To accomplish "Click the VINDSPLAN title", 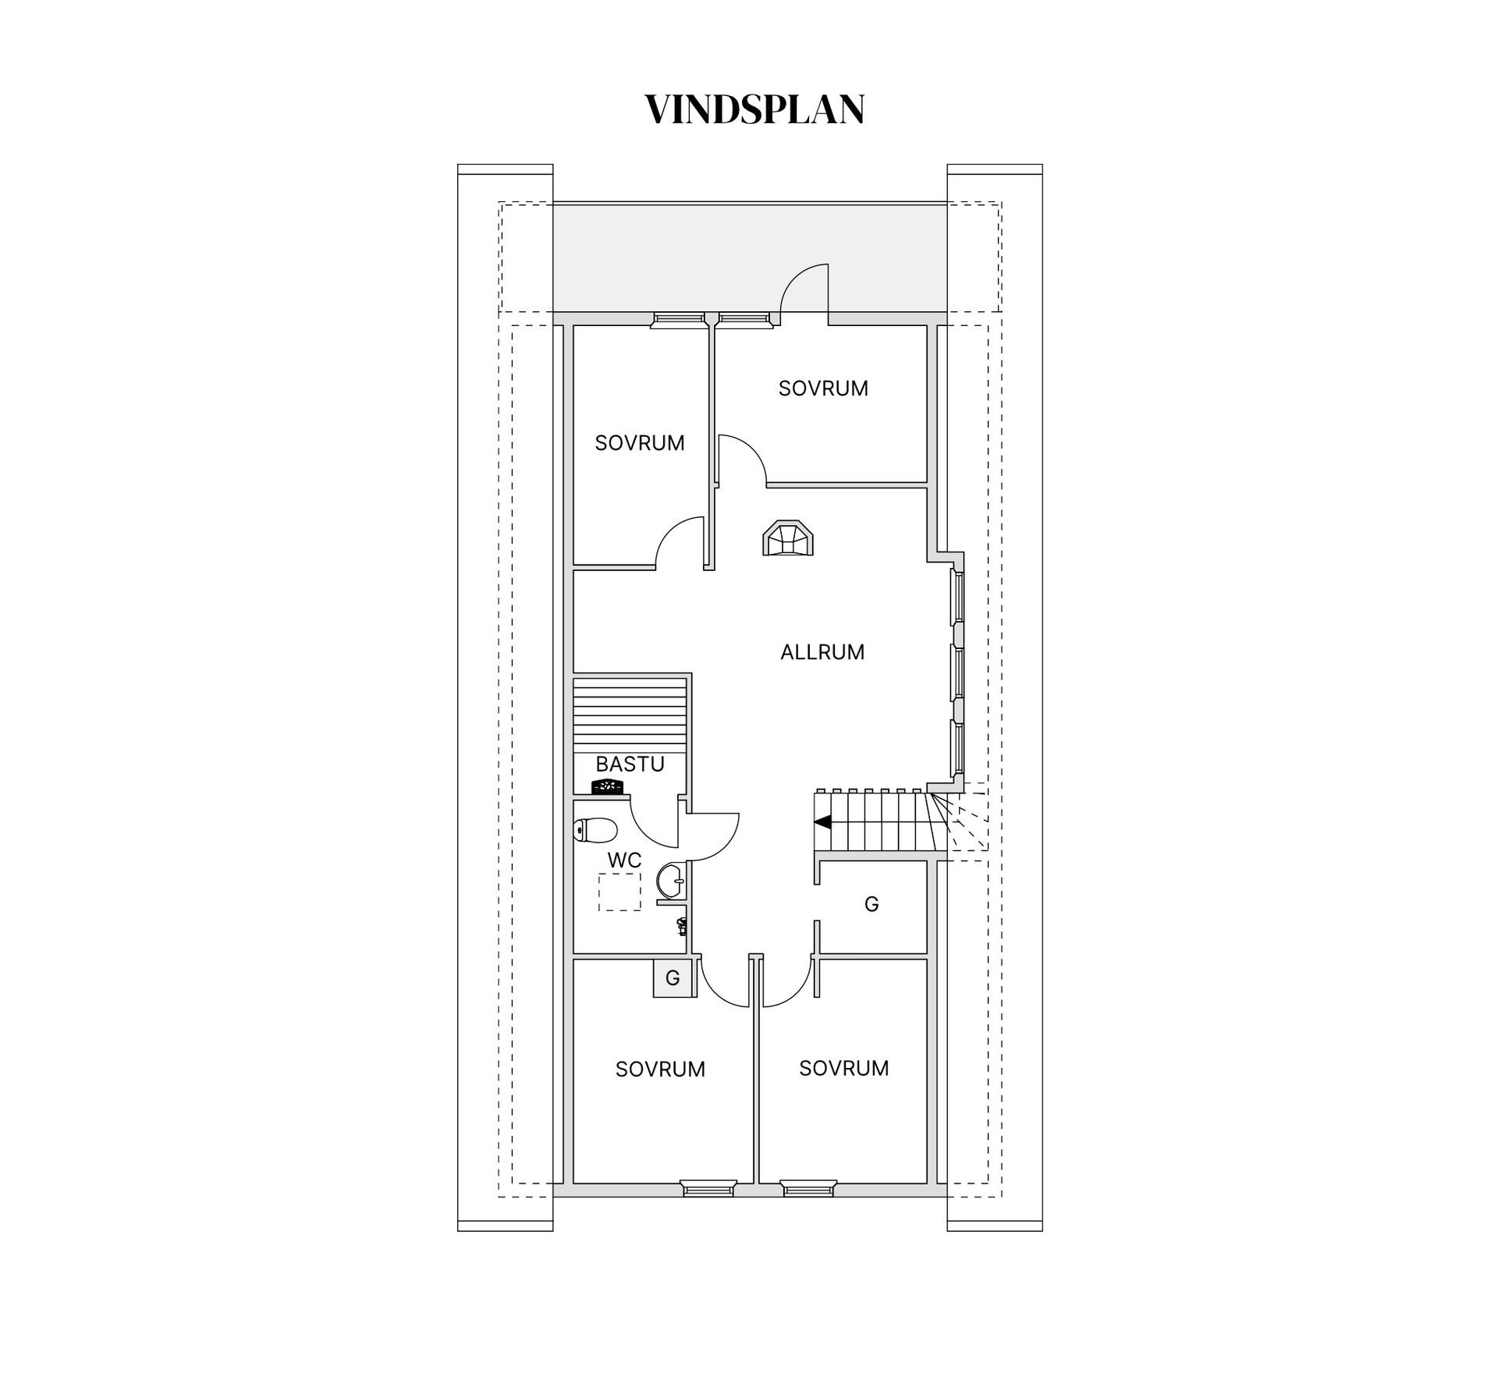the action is click(754, 109).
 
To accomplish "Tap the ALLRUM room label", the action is click(822, 652).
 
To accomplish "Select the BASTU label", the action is click(630, 764).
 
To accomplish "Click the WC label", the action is click(624, 860).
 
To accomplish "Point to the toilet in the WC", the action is click(596, 830).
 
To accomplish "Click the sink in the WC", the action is click(671, 881).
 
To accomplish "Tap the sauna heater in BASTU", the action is click(609, 787).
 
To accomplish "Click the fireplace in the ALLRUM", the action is click(788, 538).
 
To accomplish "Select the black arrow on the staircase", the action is click(822, 821).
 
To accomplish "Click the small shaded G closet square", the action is click(673, 977).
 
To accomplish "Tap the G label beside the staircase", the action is click(871, 904).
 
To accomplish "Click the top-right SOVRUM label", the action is click(823, 388).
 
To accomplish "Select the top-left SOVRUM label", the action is click(640, 443).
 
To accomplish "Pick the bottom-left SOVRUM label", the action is click(660, 1069).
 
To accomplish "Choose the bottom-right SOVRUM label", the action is click(844, 1068).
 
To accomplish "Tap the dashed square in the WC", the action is click(619, 892).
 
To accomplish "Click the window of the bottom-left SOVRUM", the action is click(708, 1210).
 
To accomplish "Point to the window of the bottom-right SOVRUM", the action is click(808, 1210).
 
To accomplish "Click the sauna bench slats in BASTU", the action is click(630, 715).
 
